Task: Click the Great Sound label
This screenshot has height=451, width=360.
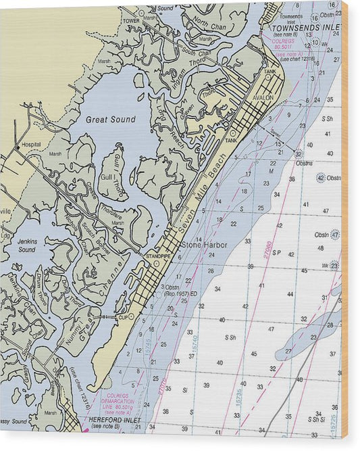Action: (110, 120)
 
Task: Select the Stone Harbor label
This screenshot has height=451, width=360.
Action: (204, 245)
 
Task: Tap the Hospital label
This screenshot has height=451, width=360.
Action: (31, 145)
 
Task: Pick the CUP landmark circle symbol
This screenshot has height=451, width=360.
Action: (130, 316)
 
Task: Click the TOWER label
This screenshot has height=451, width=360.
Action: (130, 21)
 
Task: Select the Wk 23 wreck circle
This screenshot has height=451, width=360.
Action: (334, 266)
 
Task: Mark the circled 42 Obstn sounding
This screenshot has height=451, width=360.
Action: (320, 177)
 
